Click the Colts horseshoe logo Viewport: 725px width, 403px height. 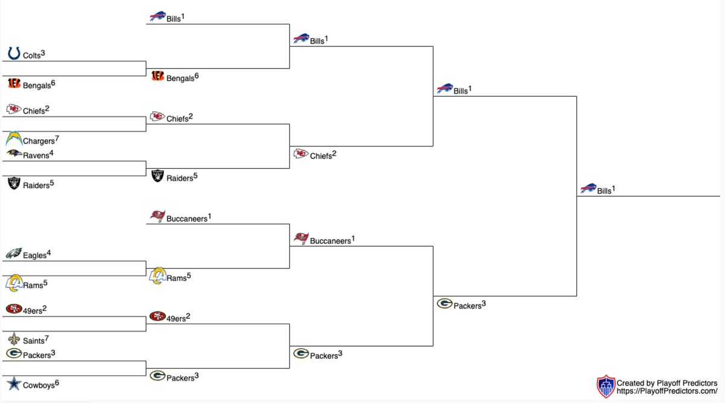(14, 54)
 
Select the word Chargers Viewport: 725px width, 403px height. (39, 142)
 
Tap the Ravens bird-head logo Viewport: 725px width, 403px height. (14, 154)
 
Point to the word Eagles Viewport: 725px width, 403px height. (34, 255)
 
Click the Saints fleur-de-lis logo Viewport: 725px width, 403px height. (14, 339)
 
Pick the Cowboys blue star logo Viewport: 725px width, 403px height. (14, 384)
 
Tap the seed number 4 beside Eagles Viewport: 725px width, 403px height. (49, 252)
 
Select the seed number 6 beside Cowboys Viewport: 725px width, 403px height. (57, 382)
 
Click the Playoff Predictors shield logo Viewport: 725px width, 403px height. (605, 386)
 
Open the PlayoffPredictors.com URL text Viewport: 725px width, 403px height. (666, 392)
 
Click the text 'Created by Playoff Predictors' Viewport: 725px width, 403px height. (666, 383)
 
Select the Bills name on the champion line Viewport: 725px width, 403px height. (604, 191)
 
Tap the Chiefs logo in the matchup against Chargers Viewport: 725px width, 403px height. (14, 110)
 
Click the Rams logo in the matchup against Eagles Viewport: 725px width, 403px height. (14, 283)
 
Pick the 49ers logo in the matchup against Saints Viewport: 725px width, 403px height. (14, 309)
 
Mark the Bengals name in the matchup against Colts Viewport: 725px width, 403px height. (37, 86)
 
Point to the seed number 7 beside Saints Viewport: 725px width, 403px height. (47, 338)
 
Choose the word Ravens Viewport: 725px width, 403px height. (36, 156)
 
